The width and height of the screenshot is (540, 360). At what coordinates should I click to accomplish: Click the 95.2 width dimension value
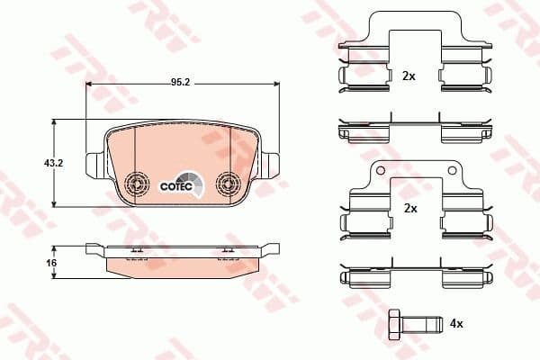[181, 81]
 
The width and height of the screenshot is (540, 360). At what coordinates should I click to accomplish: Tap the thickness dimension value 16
[51, 262]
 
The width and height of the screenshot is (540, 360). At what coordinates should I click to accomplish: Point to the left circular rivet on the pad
[138, 184]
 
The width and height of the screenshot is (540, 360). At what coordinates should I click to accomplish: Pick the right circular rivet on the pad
[227, 184]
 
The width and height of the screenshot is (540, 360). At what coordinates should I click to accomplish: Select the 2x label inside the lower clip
[410, 208]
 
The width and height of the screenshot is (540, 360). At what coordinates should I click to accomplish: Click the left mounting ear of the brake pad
[93, 166]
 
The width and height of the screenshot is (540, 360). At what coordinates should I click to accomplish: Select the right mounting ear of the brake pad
[271, 166]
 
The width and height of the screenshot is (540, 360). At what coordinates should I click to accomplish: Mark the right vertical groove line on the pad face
[230, 148]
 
